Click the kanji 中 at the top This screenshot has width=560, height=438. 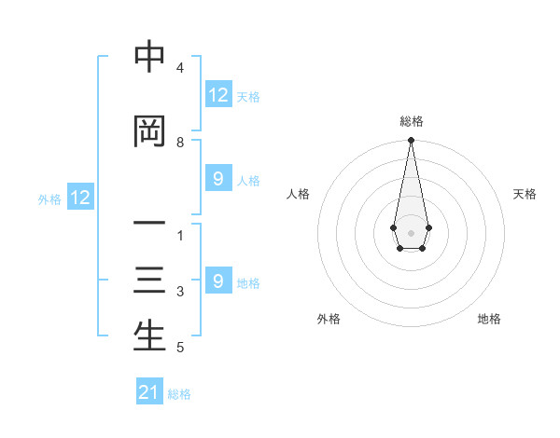click(x=149, y=58)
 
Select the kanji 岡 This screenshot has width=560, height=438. click(x=149, y=132)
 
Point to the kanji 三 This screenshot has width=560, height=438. click(x=149, y=282)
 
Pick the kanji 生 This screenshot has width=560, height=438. click(x=149, y=336)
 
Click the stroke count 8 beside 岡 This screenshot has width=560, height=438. click(x=180, y=143)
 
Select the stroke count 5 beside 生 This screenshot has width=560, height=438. click(x=180, y=349)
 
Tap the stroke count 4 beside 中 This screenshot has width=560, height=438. click(x=180, y=68)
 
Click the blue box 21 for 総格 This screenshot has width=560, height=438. click(x=149, y=392)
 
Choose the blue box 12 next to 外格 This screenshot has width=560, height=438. click(x=80, y=198)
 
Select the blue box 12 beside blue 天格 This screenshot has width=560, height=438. click(x=217, y=95)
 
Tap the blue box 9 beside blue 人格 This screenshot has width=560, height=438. click(x=217, y=179)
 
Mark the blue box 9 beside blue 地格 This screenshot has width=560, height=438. click(x=217, y=281)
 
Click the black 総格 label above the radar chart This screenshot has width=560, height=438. click(x=412, y=121)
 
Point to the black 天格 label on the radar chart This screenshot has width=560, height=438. click(x=525, y=194)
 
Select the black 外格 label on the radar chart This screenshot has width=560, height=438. click(x=329, y=319)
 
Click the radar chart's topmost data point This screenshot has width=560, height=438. click(x=411, y=141)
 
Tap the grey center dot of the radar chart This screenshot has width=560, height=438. click(x=411, y=231)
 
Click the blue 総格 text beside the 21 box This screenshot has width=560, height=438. click(x=179, y=394)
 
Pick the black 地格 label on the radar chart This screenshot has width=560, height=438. click(x=489, y=319)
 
